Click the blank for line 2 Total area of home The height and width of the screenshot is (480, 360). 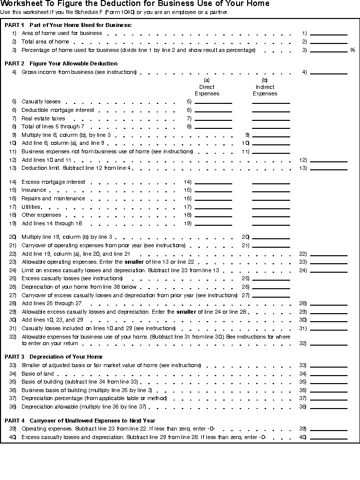click(329, 42)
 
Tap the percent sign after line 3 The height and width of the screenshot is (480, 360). click(353, 50)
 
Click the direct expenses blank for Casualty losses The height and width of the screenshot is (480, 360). click(213, 102)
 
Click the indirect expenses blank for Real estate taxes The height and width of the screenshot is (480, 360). click(271, 119)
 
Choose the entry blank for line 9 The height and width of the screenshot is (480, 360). click(271, 135)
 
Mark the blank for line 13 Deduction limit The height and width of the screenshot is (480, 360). click(329, 168)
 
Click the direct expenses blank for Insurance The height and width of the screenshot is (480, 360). click(213, 190)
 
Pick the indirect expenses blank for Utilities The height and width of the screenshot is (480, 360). click(271, 207)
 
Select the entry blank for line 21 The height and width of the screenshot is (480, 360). click(271, 246)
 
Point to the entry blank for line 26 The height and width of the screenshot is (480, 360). click(271, 287)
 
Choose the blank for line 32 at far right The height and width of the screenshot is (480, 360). click(329, 344)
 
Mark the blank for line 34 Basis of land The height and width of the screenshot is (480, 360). click(329, 374)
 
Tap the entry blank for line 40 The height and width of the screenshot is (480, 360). click(329, 438)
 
